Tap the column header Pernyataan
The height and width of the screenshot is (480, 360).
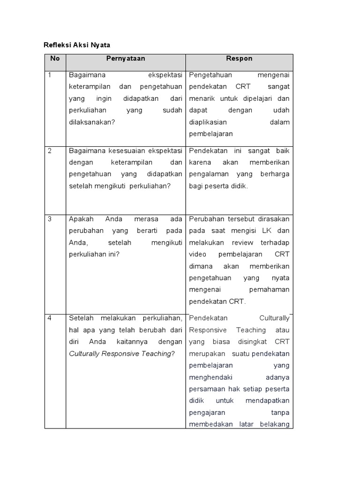coord(126,59)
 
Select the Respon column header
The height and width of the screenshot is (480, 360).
coord(239,59)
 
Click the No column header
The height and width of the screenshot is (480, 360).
coord(55,59)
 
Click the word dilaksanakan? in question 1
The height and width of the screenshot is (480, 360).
coord(91,122)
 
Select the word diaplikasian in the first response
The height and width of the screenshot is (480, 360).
coord(208,122)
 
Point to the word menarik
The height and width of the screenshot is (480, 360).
coord(202,98)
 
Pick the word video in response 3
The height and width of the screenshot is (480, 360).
coord(197,254)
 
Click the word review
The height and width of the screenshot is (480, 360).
coord(242,242)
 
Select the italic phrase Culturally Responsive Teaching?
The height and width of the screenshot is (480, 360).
coord(121,353)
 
